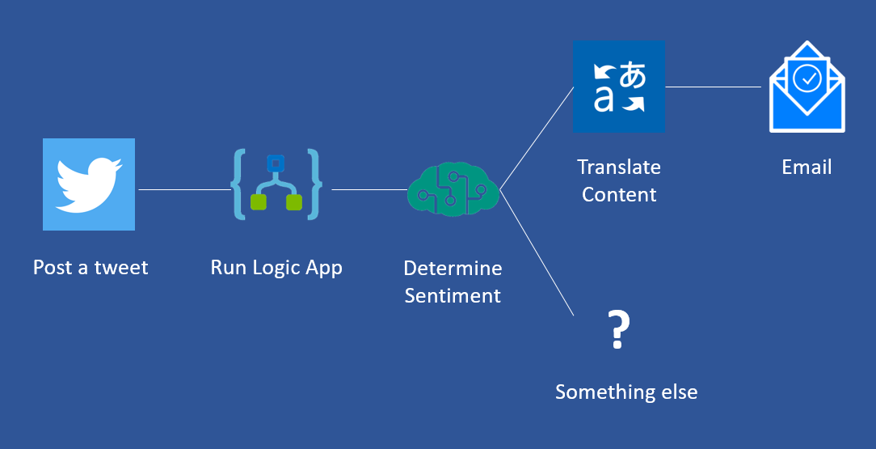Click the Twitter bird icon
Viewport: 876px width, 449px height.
click(x=89, y=184)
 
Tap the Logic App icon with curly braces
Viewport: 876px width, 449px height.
click(x=276, y=184)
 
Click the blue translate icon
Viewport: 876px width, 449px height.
click(x=619, y=87)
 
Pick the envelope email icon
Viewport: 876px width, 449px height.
click(x=807, y=87)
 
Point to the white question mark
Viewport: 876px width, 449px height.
click(x=618, y=330)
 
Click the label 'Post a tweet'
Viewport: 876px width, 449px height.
click(x=91, y=268)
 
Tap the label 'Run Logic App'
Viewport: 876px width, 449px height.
click(x=276, y=268)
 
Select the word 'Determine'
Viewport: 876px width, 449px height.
click(x=453, y=268)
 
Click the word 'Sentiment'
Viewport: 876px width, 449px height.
click(x=453, y=295)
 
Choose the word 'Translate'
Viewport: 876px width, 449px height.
click(x=619, y=167)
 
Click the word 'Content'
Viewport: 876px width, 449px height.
click(x=619, y=195)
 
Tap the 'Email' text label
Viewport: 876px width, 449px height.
click(x=807, y=167)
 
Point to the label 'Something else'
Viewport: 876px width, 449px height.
click(x=626, y=392)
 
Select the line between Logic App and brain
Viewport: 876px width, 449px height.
click(x=369, y=190)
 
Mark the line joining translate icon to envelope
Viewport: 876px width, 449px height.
click(x=716, y=87)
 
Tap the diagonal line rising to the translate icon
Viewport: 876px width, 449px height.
click(x=537, y=138)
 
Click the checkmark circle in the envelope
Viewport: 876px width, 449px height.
click(x=807, y=78)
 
